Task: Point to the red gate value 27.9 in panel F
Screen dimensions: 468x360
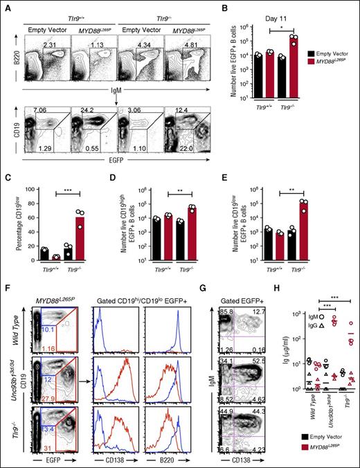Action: pos(48,390)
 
